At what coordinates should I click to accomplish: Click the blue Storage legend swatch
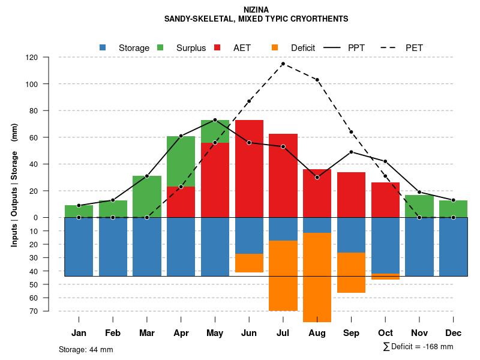tap(103, 47)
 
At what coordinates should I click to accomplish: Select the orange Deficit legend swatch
tap(275, 47)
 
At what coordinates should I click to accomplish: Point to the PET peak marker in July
tap(283, 64)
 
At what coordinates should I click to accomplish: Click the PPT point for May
tap(215, 120)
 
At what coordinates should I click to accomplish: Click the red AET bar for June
tap(249, 168)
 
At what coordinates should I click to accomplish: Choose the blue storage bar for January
tap(79, 247)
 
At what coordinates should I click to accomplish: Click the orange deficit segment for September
tap(351, 272)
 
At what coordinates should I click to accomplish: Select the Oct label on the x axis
tap(385, 333)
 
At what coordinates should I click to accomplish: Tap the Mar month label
tap(147, 333)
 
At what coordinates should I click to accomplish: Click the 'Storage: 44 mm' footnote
tap(86, 349)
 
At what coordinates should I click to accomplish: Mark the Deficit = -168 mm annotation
tap(418, 346)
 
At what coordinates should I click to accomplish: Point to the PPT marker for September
tap(351, 152)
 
